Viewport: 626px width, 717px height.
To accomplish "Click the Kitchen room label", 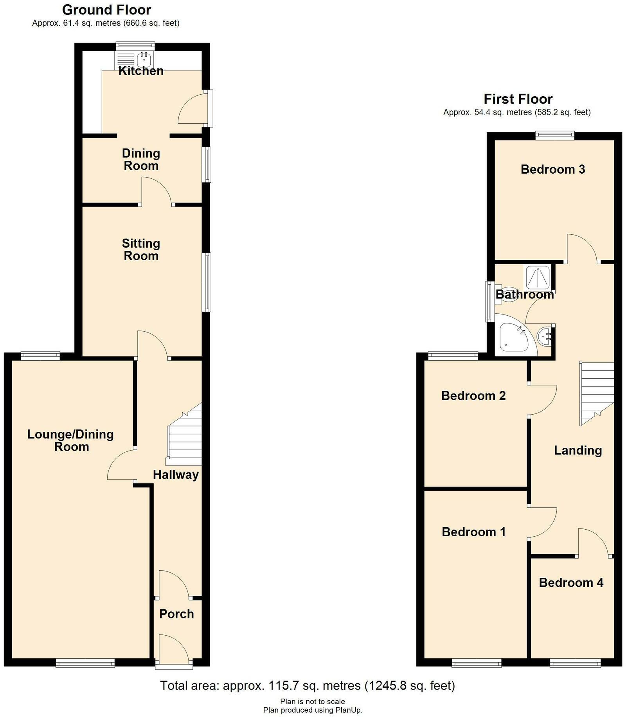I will point(141,71).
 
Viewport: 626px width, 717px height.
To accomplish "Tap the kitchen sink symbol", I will point(144,59).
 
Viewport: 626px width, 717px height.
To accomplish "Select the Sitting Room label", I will point(141,250).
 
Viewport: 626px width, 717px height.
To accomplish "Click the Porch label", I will point(176,614).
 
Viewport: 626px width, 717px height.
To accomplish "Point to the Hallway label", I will point(176,474).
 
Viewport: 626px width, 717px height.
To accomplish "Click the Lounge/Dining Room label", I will point(71,440).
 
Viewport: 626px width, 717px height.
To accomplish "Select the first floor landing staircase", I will point(597,393).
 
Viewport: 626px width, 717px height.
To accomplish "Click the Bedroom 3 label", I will point(553,169).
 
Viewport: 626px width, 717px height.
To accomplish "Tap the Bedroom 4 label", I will point(571,583).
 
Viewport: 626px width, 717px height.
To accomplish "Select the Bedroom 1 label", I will point(473,532).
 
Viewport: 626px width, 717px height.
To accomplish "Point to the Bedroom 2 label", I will point(473,396).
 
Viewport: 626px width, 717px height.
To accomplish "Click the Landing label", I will point(578,450).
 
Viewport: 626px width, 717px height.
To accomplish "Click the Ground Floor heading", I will point(106,10).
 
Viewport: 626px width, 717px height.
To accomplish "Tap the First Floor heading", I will point(518,99).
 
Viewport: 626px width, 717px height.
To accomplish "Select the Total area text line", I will point(308,685).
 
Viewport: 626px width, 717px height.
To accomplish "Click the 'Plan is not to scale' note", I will point(313,701).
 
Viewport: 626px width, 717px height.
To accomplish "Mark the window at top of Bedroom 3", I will point(554,136).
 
